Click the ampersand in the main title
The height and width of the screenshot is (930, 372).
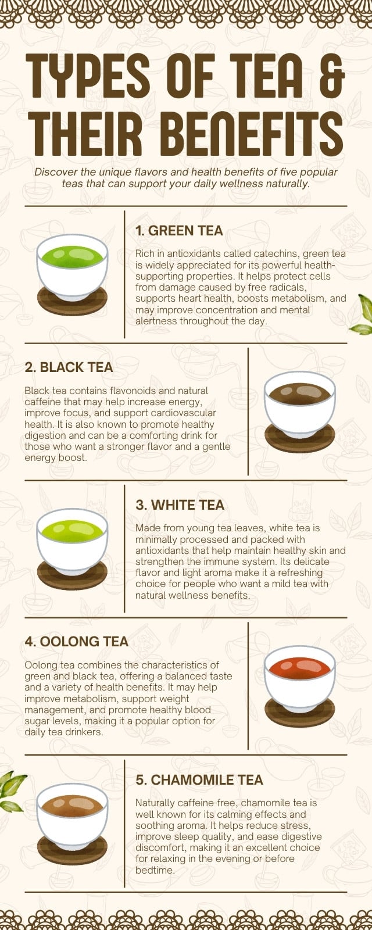click(x=333, y=76)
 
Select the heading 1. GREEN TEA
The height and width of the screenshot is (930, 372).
click(x=180, y=231)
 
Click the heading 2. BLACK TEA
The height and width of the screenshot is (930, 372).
click(x=69, y=367)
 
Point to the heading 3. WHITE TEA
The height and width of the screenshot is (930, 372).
click(x=180, y=505)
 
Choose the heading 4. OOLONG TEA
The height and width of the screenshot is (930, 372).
click(x=76, y=642)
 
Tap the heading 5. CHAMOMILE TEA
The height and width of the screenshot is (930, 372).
click(x=199, y=780)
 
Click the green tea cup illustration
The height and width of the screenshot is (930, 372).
click(x=72, y=274)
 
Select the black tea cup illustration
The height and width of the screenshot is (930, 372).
click(x=300, y=412)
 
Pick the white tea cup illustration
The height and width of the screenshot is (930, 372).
click(x=72, y=549)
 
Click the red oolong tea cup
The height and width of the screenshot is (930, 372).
click(x=300, y=686)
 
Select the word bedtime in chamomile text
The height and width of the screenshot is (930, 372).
click(x=154, y=870)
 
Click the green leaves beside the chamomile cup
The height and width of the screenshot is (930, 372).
click(x=12, y=791)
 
